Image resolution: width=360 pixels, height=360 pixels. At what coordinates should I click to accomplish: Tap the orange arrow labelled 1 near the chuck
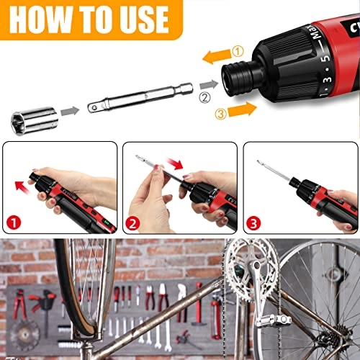217,57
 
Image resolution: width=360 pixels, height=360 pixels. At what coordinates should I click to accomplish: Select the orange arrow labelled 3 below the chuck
242,109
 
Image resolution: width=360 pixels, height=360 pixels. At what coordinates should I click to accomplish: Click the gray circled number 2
204,98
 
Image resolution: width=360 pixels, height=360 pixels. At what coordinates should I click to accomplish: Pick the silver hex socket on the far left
35,120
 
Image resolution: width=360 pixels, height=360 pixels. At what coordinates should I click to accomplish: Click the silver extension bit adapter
140,97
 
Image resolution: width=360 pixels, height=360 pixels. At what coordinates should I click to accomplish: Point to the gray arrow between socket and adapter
70,111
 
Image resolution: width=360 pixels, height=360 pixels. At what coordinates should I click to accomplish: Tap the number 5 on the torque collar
325,59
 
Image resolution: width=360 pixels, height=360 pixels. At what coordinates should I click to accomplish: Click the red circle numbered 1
14,222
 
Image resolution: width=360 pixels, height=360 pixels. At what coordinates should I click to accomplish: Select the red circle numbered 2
132,223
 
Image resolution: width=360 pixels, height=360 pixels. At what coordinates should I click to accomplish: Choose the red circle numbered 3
253,223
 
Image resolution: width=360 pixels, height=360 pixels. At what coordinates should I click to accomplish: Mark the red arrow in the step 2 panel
175,163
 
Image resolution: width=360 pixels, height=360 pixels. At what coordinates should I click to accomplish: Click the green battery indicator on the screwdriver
107,222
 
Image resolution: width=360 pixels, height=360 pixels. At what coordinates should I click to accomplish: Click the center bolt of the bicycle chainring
256,266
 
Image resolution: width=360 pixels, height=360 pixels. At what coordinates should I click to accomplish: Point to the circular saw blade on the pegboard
24,334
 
